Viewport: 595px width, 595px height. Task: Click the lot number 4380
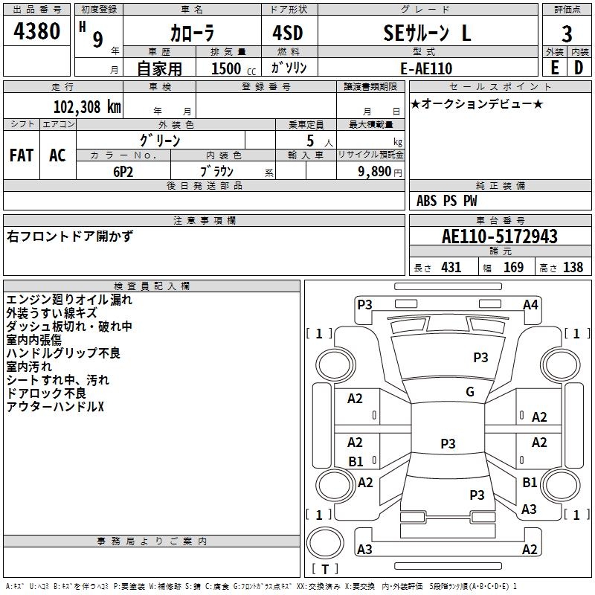pyautogui.click(x=36, y=31)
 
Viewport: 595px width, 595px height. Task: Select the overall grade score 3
pyautogui.click(x=567, y=33)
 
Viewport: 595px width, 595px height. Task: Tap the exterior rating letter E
pyautogui.click(x=554, y=68)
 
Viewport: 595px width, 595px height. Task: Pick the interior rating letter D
pyautogui.click(x=579, y=68)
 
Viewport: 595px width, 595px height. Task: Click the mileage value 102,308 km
pyautogui.click(x=87, y=106)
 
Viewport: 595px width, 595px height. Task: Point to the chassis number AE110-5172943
pyautogui.click(x=500, y=236)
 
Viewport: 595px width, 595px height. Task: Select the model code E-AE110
pyautogui.click(x=426, y=68)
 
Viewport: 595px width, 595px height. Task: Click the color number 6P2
pyautogui.click(x=123, y=172)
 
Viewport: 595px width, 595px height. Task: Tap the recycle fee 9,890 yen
pyautogui.click(x=379, y=172)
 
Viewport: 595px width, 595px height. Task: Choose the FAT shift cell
pyautogui.click(x=22, y=155)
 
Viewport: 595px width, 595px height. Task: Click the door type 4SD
pyautogui.click(x=288, y=33)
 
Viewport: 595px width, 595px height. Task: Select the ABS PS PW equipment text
pyautogui.click(x=446, y=200)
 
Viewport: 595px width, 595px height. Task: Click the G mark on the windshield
pyautogui.click(x=470, y=392)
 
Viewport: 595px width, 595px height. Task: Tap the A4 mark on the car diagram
pyautogui.click(x=530, y=305)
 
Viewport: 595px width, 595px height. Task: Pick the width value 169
pyautogui.click(x=513, y=267)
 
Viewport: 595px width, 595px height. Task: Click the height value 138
pyautogui.click(x=573, y=267)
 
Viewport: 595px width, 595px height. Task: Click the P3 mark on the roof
pyautogui.click(x=448, y=443)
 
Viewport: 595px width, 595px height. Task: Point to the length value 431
pyautogui.click(x=451, y=267)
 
